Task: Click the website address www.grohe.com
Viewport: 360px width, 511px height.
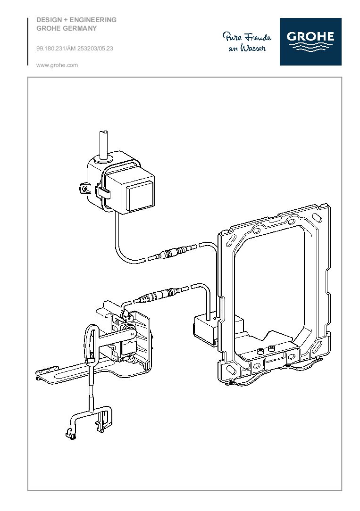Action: click(57, 66)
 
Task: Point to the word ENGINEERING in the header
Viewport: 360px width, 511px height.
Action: click(93, 20)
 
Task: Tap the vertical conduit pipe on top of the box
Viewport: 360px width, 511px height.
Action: click(103, 144)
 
